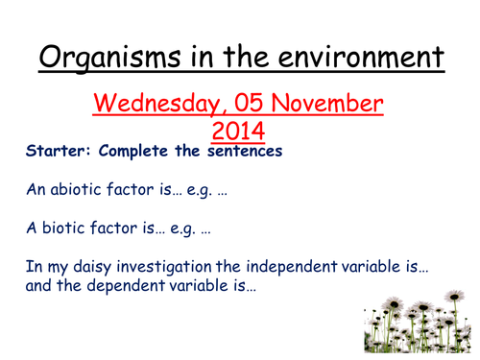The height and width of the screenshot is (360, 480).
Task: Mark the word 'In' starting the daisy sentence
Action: click(34, 270)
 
